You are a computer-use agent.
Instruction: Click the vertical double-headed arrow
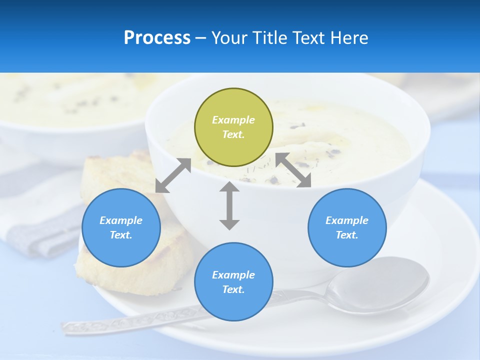(229, 205)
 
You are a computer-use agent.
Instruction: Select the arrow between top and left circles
(173, 175)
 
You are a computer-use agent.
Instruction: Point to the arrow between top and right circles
(293, 170)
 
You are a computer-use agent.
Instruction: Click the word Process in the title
(157, 37)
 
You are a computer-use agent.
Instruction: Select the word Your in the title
(229, 37)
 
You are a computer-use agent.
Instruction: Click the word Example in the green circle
(233, 120)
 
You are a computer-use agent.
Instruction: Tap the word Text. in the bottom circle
(233, 289)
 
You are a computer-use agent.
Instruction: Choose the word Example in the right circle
(347, 220)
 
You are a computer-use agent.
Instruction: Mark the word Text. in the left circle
(121, 235)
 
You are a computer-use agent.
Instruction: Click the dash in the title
(201, 37)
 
